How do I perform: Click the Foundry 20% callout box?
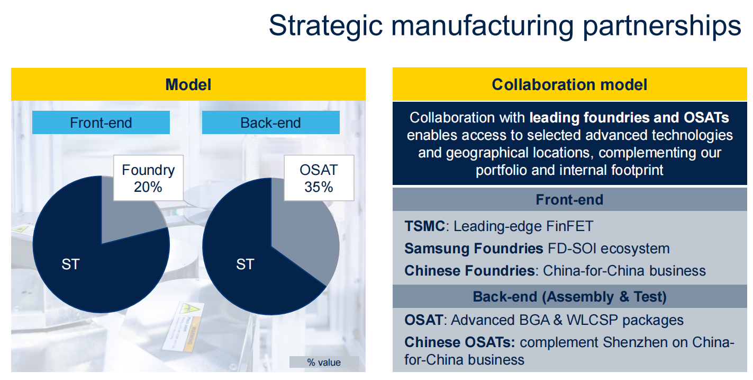(148, 178)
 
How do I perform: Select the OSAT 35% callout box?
(319, 178)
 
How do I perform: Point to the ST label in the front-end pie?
(70, 264)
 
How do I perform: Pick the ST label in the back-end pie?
(245, 264)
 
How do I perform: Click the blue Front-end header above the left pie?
(101, 122)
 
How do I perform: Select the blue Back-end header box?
(270, 122)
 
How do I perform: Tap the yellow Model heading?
(188, 84)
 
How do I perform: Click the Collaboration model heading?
(569, 84)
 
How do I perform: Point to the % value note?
(324, 362)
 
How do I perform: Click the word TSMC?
(424, 226)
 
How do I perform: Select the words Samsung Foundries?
(474, 249)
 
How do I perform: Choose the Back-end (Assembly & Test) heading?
(569, 297)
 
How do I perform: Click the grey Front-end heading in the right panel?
(569, 200)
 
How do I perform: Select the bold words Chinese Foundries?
(469, 271)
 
